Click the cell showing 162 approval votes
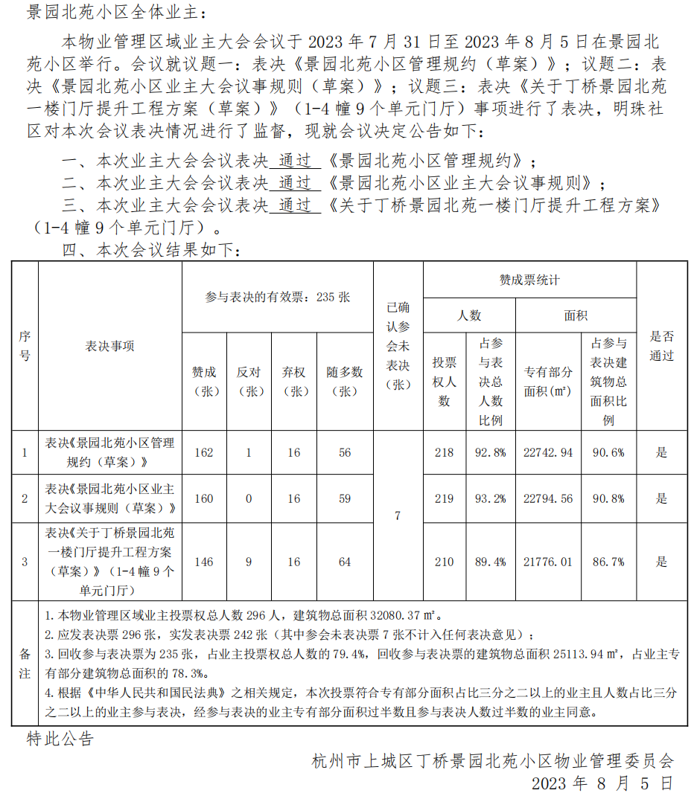(203, 452)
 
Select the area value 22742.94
(548, 452)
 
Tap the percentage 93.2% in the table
(490, 498)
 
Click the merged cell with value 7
(398, 516)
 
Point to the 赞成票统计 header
(529, 280)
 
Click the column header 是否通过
(661, 345)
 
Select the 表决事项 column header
(110, 346)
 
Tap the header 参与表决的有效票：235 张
(277, 297)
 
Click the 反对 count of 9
(249, 562)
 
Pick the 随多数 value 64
(345, 562)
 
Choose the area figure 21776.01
(548, 562)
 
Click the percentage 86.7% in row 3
(608, 562)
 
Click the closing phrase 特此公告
(60, 739)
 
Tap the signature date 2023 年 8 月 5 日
(602, 783)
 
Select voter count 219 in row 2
(445, 498)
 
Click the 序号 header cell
(25, 346)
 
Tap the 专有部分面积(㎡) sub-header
(548, 381)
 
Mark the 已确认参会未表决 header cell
(398, 345)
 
